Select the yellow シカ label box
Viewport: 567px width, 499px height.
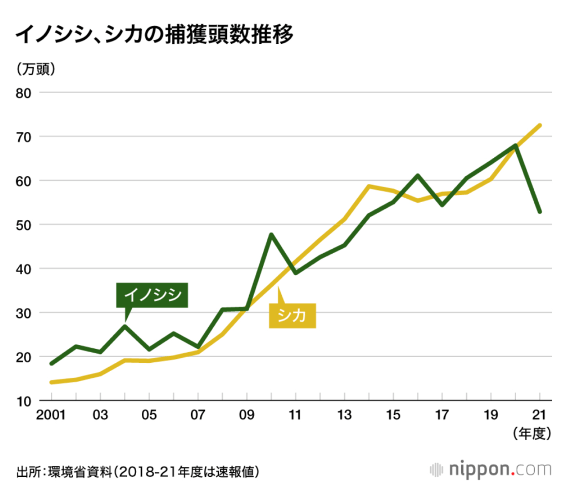(x=292, y=316)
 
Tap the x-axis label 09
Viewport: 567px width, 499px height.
(x=246, y=415)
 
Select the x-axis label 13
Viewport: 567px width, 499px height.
(x=344, y=415)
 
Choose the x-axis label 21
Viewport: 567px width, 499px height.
(x=539, y=415)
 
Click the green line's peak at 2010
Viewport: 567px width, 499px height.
(x=271, y=234)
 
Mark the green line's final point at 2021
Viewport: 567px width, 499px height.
(x=539, y=212)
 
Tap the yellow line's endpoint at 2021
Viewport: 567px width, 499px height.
(x=539, y=125)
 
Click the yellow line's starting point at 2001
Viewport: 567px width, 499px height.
(x=51, y=382)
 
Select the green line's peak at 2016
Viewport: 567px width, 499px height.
(x=417, y=176)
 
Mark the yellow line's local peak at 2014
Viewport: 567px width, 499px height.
(x=369, y=186)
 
